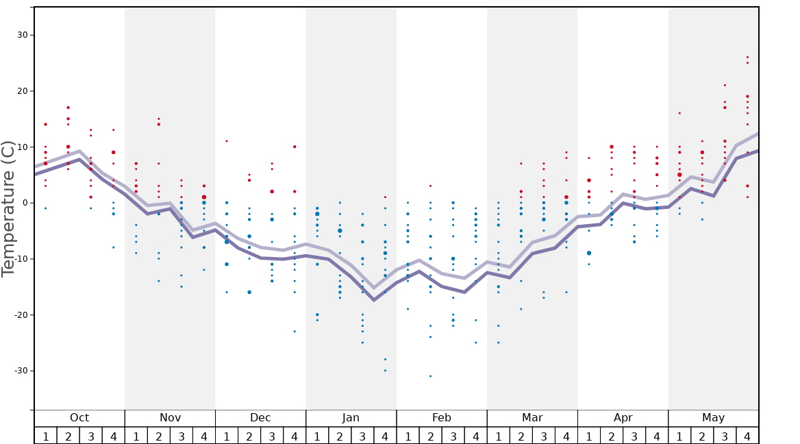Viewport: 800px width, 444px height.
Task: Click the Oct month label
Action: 79,418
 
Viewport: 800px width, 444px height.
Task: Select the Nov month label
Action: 170,418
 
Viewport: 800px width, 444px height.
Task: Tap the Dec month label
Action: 260,418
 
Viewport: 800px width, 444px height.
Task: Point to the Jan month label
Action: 351,418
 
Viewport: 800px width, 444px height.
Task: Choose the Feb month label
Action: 442,418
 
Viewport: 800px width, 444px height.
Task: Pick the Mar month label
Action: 532,418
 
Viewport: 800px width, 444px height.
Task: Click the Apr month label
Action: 623,418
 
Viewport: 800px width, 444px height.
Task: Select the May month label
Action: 713,418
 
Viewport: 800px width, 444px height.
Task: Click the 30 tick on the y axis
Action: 21,35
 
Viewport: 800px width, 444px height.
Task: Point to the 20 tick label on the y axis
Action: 21,91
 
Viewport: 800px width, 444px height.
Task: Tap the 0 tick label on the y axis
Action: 24,203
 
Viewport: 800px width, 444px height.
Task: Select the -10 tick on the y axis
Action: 20,259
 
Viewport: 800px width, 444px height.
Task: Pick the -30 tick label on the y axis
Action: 20,371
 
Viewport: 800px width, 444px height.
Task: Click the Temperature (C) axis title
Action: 8,208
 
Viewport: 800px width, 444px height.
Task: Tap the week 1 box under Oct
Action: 46,436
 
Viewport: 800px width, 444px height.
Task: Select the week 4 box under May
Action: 747,436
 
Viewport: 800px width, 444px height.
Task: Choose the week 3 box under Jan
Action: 362,436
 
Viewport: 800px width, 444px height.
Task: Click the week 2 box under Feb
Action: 430,436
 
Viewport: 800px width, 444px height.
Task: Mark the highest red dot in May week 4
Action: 747,58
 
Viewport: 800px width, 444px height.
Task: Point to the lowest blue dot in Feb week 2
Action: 430,376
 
